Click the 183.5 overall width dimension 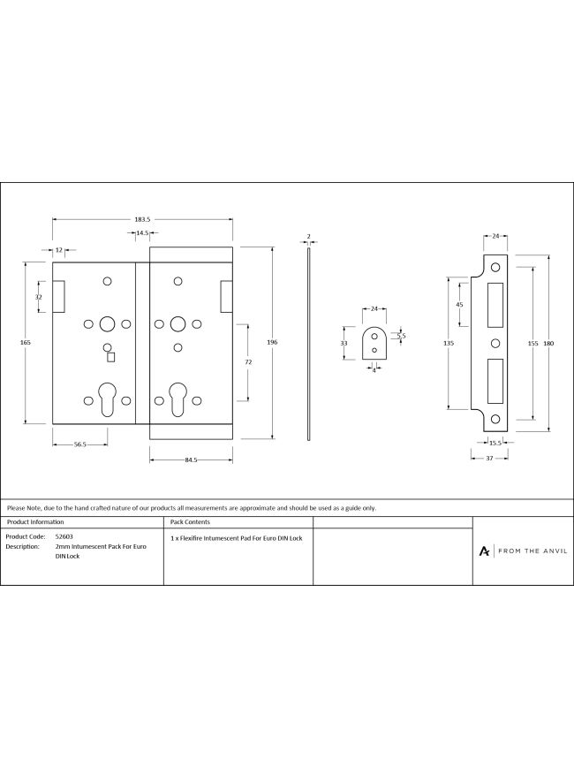click(x=142, y=220)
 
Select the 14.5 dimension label click(x=142, y=233)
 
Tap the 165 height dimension click(x=26, y=343)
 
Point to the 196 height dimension click(x=272, y=343)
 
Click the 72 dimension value click(x=248, y=362)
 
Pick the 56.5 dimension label click(x=80, y=444)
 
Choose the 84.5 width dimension click(x=191, y=459)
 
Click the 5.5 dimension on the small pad click(x=401, y=336)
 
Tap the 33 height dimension click(x=344, y=344)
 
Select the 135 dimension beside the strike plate click(x=449, y=344)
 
